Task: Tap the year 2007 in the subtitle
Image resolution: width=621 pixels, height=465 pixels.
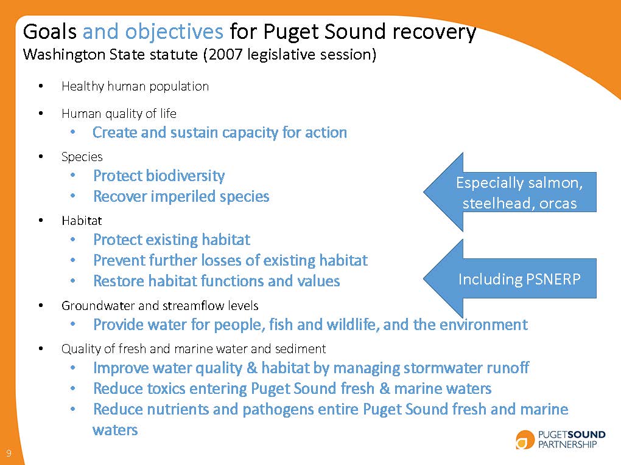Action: (x=225, y=55)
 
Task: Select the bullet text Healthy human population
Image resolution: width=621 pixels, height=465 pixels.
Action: (x=135, y=86)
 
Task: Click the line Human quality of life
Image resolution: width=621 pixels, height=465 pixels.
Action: (x=119, y=114)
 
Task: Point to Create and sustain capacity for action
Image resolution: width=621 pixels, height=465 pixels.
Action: (x=220, y=133)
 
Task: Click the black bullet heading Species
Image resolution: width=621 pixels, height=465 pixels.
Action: (x=82, y=157)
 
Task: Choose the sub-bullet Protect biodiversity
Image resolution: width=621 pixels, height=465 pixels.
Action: (x=159, y=176)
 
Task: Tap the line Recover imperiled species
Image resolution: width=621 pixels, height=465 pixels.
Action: (x=181, y=197)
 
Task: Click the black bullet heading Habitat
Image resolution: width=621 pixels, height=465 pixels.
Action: (x=82, y=221)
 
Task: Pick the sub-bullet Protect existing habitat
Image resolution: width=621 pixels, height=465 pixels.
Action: (x=171, y=240)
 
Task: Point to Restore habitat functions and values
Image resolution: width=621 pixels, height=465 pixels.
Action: (x=216, y=281)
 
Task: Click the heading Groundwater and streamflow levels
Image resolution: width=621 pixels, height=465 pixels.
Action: (x=160, y=305)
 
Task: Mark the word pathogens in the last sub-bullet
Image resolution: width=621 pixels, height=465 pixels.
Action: (x=278, y=410)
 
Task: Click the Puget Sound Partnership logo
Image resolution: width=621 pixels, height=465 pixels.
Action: (x=560, y=439)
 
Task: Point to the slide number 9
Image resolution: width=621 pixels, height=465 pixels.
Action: (x=9, y=453)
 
